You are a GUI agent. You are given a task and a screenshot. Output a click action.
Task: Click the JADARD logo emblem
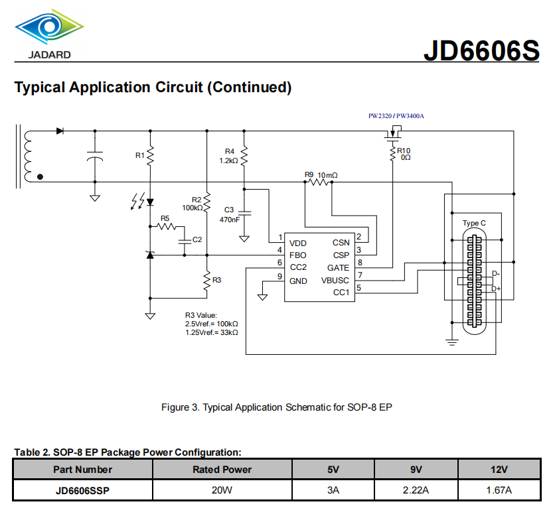pos(49,27)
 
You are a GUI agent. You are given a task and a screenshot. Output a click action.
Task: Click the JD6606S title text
pos(481,50)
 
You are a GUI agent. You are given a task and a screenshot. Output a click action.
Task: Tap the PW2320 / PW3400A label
pos(396,116)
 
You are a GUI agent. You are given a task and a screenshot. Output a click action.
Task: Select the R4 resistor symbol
pos(244,156)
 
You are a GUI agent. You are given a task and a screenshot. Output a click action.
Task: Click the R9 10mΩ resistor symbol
pos(319,182)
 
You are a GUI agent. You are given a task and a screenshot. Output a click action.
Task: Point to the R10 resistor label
pos(404,151)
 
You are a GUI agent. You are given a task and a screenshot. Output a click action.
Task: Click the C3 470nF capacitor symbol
pos(244,213)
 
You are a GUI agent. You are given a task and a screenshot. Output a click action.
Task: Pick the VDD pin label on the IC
pos(297,243)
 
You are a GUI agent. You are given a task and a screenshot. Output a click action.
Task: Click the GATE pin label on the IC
pos(338,268)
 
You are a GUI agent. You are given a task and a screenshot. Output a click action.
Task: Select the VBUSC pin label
pos(335,281)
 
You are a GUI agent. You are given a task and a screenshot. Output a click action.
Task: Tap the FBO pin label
pos(297,255)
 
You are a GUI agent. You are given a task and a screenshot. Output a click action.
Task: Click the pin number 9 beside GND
pos(279,276)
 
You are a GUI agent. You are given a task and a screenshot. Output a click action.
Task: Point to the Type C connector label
pos(474,224)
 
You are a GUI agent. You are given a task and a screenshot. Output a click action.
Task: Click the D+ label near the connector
pos(496,289)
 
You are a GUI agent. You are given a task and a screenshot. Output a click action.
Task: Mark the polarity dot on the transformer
pos(40,177)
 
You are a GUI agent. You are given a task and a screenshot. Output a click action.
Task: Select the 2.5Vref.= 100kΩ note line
pos(211,324)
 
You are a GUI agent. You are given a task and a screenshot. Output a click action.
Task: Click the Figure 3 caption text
pos(277,407)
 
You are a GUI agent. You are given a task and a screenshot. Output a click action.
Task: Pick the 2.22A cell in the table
pos(416,490)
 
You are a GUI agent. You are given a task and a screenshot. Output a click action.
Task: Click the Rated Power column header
pos(222,470)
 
